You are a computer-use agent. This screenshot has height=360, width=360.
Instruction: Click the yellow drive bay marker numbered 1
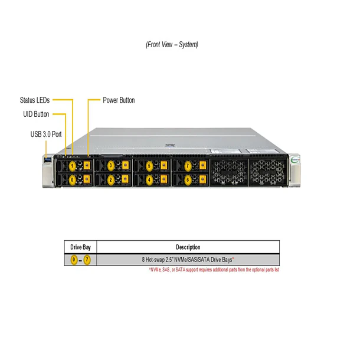(72, 166)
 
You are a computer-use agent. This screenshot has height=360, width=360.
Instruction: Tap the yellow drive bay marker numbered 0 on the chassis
(72, 179)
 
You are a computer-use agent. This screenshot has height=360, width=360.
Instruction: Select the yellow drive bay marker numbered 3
(110, 166)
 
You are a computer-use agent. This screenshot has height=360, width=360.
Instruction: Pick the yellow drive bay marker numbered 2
(110, 179)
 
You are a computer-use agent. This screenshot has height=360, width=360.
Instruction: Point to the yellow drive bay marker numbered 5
(149, 166)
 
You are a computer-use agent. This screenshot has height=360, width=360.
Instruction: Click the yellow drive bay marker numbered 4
(149, 179)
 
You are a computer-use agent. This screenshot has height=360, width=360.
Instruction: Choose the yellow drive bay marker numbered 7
(188, 166)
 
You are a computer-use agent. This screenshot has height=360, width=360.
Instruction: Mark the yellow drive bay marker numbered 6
(188, 179)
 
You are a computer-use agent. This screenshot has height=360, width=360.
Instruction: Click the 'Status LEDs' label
(34, 100)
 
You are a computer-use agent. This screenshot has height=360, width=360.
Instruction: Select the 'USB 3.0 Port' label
(46, 134)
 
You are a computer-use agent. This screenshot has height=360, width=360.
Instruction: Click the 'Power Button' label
(119, 100)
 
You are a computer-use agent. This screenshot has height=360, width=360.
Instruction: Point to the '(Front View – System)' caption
(172, 44)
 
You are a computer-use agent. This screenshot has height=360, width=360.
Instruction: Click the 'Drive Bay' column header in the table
(80, 247)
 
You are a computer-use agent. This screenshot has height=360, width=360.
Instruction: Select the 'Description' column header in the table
(188, 247)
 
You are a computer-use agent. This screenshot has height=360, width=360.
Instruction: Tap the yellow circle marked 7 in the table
(87, 260)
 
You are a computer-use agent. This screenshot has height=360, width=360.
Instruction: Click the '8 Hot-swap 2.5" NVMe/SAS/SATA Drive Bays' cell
(188, 260)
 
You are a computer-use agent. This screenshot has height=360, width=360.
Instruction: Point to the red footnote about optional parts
(214, 270)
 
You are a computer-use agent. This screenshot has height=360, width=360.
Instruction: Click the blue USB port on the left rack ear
(47, 158)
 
